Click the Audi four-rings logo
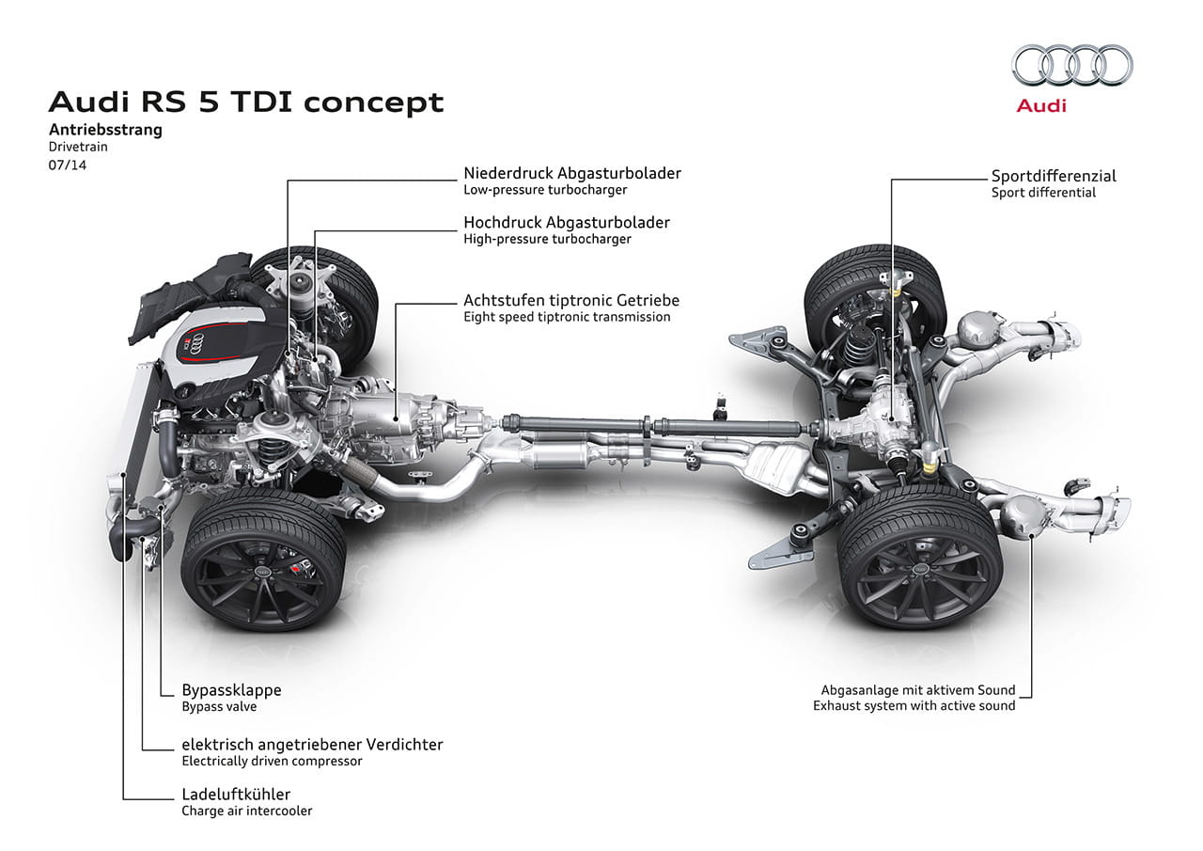point(1072,65)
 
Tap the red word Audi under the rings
point(1041,106)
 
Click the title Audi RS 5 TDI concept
point(246,102)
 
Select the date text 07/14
point(67,165)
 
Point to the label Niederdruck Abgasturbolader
point(571,173)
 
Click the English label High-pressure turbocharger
point(547,239)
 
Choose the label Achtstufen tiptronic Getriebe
point(570,301)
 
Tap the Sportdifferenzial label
point(1054,176)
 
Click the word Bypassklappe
point(231,690)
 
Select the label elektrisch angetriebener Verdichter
point(312,745)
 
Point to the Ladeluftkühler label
point(236,794)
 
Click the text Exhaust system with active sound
point(914,705)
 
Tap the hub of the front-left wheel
point(264,572)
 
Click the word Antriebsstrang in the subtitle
point(105,130)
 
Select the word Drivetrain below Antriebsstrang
point(78,148)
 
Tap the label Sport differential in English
point(1043,193)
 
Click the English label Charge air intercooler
point(246,811)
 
